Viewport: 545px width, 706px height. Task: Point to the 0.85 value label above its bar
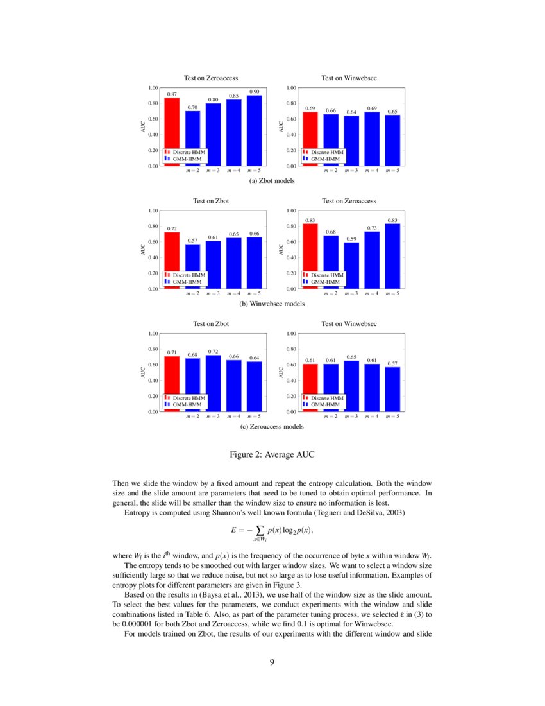pos(234,96)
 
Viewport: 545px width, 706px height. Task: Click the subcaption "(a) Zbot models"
pos(272,181)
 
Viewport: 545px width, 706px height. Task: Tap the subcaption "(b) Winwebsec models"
pos(272,304)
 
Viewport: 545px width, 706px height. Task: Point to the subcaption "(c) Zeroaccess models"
pos(272,426)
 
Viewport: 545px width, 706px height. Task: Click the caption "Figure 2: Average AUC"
pos(272,455)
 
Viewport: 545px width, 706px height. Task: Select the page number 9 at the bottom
pos(272,662)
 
